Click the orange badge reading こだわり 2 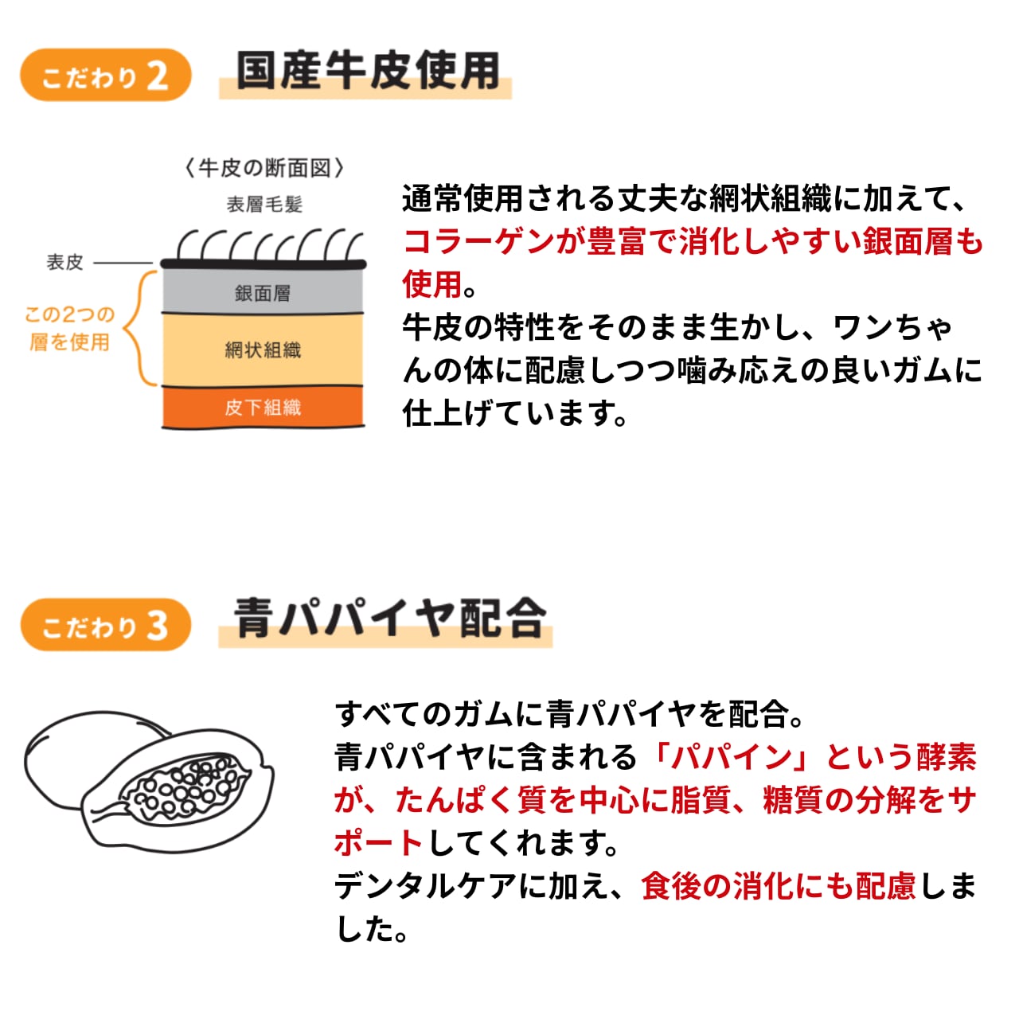105,76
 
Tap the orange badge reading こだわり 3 105,625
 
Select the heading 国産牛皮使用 367,72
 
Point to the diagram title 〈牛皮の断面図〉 264,168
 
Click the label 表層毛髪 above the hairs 264,205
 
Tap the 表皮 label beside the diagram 64,262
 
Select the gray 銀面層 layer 263,292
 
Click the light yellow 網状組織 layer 263,349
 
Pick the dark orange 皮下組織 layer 263,408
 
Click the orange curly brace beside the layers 143,328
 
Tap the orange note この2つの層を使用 69,328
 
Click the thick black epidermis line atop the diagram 263,264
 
